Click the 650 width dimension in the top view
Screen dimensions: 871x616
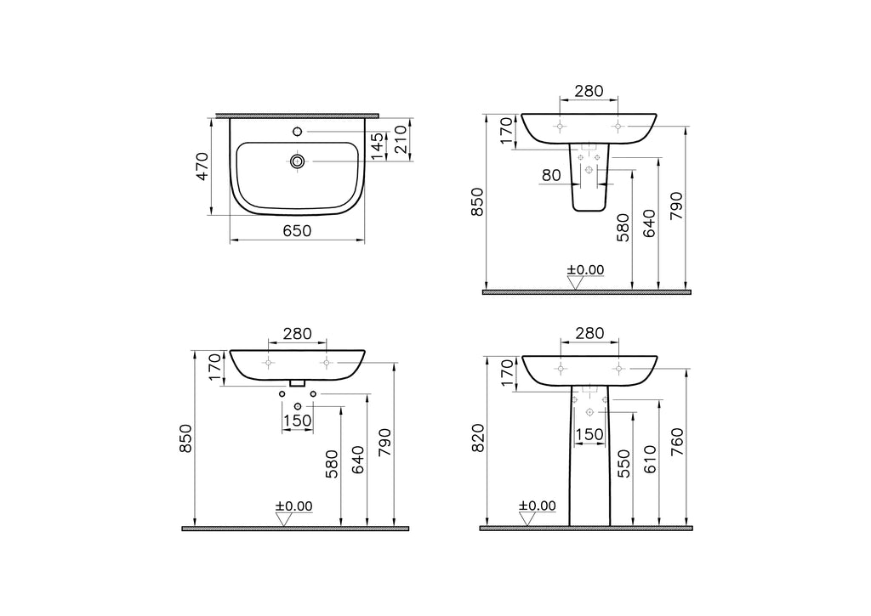click(x=297, y=230)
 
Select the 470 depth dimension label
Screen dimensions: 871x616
click(x=202, y=166)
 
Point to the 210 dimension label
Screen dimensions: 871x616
click(x=401, y=139)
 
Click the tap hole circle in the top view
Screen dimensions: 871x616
click(x=297, y=132)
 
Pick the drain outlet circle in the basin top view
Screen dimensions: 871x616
click(x=297, y=161)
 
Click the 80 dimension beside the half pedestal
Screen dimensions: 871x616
click(x=551, y=175)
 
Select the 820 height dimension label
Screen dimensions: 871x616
click(x=478, y=438)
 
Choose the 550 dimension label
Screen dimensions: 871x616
click(x=623, y=463)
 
